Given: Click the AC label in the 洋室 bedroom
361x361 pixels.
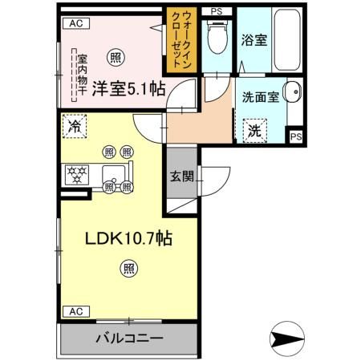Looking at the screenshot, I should click(75, 24).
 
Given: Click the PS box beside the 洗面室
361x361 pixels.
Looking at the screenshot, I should click(296, 137).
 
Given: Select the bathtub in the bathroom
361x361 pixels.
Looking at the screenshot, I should click(286, 43).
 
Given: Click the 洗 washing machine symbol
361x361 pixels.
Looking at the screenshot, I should click(254, 128).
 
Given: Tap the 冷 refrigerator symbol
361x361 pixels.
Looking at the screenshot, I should click(75, 126).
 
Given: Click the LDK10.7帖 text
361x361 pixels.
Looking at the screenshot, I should click(123, 237).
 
